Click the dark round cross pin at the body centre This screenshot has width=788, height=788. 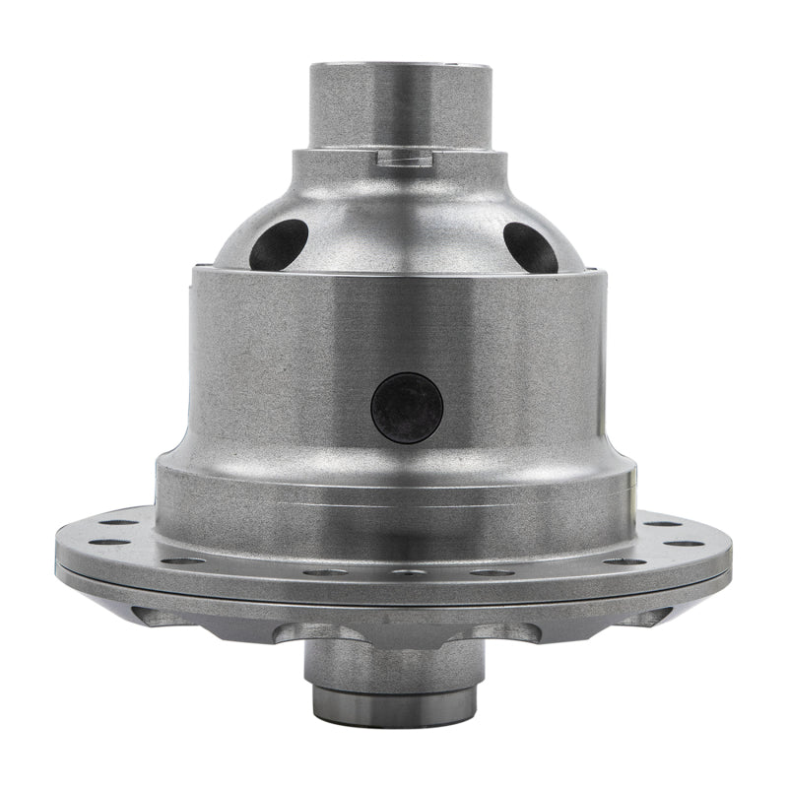(x=407, y=408)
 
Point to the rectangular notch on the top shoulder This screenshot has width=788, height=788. (x=405, y=155)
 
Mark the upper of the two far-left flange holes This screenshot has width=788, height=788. (x=118, y=523)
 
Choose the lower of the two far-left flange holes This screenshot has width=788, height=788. (x=108, y=541)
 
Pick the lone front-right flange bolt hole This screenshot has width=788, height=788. (x=624, y=561)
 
